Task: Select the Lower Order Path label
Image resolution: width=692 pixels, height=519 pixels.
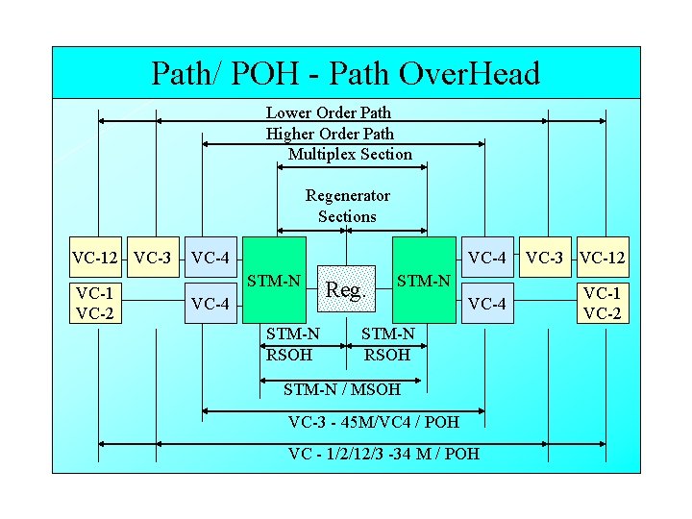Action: point(328,112)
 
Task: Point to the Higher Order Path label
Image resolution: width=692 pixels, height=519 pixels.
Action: point(330,134)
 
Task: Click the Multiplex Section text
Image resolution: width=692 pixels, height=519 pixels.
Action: point(350,154)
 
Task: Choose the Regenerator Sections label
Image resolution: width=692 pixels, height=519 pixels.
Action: point(347,206)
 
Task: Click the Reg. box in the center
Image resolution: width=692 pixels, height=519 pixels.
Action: point(346,288)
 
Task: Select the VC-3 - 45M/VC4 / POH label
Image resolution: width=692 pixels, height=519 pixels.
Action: point(374,423)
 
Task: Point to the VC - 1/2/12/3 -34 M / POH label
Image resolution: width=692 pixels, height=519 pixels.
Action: point(383,453)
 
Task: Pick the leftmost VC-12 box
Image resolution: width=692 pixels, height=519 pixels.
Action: point(95,258)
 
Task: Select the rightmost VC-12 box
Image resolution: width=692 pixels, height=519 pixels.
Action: point(603,258)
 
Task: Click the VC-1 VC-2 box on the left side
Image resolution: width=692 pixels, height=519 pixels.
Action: point(95,303)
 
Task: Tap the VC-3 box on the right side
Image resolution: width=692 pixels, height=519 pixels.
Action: point(545,258)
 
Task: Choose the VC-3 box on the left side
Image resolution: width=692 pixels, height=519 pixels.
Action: point(153,258)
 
